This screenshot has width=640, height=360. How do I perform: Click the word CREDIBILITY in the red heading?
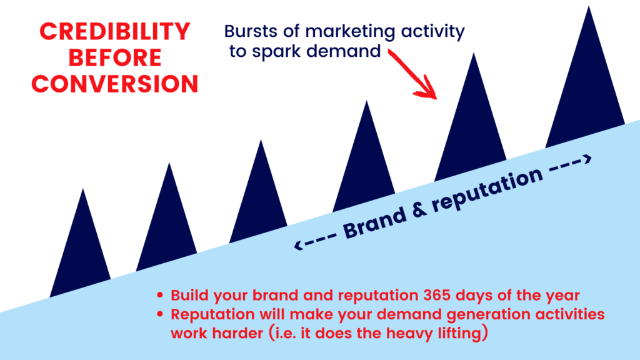(x=115, y=31)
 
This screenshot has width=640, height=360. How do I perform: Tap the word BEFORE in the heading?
(x=115, y=57)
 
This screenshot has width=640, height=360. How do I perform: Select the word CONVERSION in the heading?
(x=115, y=84)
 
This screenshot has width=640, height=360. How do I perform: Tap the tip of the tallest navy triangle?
(x=589, y=6)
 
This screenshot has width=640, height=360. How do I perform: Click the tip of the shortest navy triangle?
(x=83, y=189)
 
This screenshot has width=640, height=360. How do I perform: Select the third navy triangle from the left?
(x=258, y=192)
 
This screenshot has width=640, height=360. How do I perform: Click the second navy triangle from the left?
(x=167, y=218)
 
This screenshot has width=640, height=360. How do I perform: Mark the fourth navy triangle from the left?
(x=364, y=157)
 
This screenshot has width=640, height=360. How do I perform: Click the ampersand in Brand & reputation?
(x=419, y=208)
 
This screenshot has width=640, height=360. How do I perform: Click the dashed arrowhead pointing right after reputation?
(x=587, y=159)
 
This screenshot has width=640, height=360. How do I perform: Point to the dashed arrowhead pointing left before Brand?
(x=299, y=245)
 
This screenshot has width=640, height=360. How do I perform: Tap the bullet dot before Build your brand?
(x=160, y=295)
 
